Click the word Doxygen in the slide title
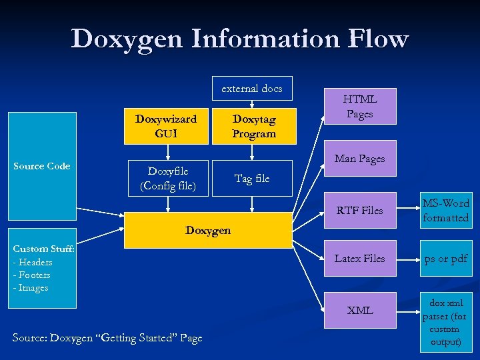[127, 39]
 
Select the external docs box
[252, 88]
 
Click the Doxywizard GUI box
[166, 126]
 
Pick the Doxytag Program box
[253, 126]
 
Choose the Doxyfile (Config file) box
[168, 178]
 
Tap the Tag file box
[252, 178]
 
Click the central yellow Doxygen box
[208, 230]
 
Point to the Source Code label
[42, 166]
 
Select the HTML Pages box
[360, 106]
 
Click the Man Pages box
[360, 159]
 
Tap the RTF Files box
[360, 211]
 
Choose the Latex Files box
[360, 258]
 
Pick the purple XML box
[360, 310]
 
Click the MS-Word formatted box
[446, 211]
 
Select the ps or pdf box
[446, 258]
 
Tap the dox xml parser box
[446, 323]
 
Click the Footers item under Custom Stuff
[33, 275]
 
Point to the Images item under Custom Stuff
[33, 288]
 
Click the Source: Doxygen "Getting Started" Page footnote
[107, 338]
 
